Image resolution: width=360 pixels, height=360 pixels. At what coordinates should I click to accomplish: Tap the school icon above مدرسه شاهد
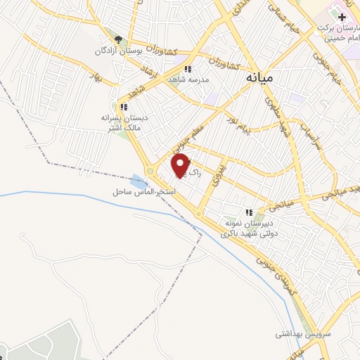(x=187, y=69)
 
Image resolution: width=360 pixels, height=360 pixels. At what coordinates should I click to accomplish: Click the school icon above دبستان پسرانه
(x=124, y=108)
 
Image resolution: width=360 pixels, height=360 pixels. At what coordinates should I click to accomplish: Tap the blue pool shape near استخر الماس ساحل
(x=136, y=179)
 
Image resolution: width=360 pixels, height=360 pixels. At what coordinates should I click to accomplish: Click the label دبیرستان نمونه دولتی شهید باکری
(x=250, y=227)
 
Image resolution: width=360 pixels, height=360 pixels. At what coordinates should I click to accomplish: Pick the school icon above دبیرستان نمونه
(x=249, y=212)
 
